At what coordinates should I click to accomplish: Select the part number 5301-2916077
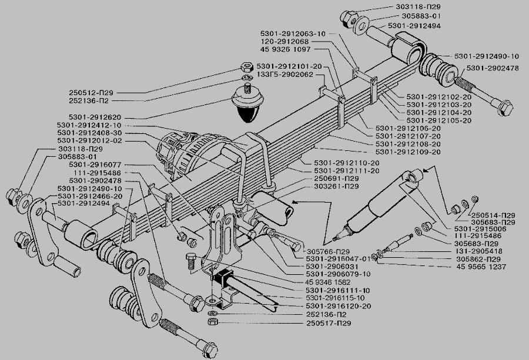click(x=95, y=165)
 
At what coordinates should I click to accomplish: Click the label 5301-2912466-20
click(x=91, y=196)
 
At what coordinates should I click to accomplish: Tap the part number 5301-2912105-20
click(x=440, y=120)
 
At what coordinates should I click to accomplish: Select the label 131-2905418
click(x=481, y=251)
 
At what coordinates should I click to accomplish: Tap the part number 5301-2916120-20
click(x=338, y=306)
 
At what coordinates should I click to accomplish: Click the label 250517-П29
click(x=329, y=323)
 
